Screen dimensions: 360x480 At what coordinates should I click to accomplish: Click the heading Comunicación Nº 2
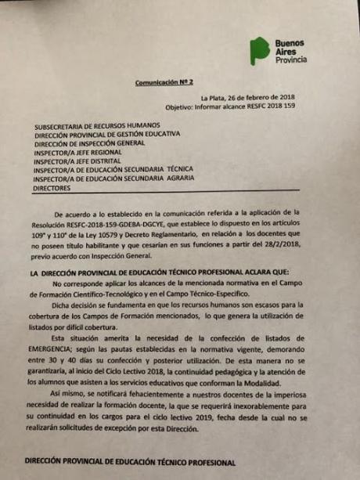coord(164,81)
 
